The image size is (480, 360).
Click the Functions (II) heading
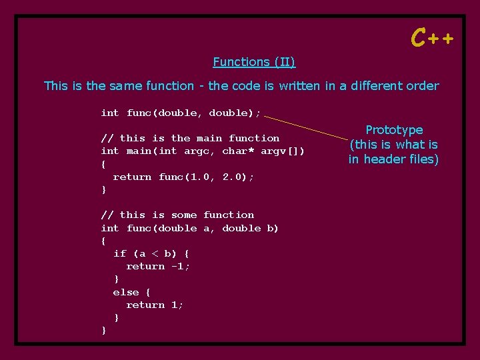click(254, 62)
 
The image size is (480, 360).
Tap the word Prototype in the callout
click(394, 130)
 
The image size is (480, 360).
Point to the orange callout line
click(306, 127)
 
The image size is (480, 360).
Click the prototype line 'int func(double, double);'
click(181, 113)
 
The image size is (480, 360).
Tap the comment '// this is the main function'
click(190, 138)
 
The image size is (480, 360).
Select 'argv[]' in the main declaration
click(283, 151)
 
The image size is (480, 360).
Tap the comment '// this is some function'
click(177, 215)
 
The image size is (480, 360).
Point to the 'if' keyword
click(120, 253)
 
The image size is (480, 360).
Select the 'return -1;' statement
click(158, 266)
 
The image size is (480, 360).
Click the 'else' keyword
click(126, 292)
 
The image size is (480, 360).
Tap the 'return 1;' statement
click(155, 305)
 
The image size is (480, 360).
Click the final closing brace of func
click(104, 330)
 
